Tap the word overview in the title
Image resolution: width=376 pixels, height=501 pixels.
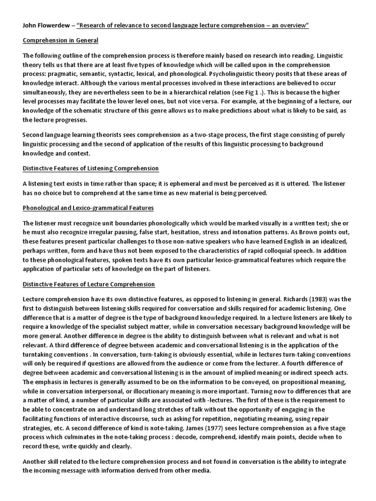coord(293,25)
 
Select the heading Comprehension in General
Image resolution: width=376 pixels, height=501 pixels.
coord(60,40)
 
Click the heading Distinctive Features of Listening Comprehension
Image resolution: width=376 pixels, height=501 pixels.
coord(91,168)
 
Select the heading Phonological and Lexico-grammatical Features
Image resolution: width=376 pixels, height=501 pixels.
coord(88,208)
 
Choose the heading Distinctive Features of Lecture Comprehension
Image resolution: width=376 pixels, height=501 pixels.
coord(89,284)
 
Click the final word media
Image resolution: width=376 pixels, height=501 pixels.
coord(201,471)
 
